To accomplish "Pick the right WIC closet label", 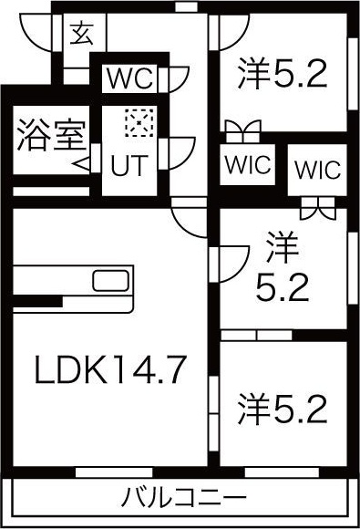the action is [315, 171].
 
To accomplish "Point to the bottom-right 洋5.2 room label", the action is [283, 409].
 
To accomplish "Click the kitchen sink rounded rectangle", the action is [110, 280].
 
